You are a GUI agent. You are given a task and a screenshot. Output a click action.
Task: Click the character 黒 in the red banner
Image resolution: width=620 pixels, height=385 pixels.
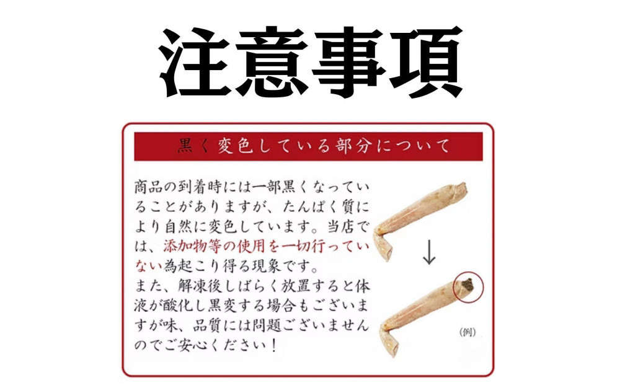pyautogui.click(x=185, y=147)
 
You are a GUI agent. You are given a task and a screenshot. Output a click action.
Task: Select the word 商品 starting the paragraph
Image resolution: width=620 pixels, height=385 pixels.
pyautogui.click(x=151, y=187)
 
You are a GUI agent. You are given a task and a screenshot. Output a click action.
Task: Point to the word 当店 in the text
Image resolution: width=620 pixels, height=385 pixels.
pyautogui.click(x=338, y=225)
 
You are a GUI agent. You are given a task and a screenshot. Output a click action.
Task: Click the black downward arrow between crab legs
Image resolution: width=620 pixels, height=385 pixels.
pyautogui.click(x=427, y=252)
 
